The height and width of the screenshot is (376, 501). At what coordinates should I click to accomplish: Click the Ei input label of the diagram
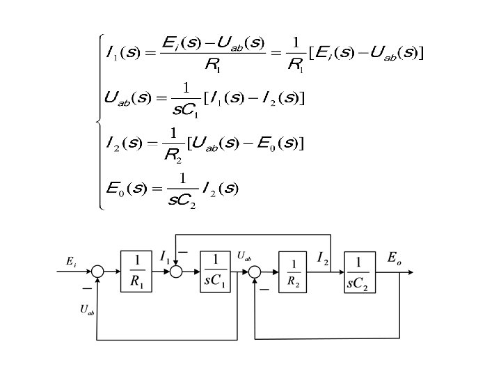coord(71,261)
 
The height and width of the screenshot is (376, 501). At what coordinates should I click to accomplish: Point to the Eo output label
coord(394,258)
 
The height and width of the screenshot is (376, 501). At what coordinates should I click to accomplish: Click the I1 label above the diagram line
coord(165,258)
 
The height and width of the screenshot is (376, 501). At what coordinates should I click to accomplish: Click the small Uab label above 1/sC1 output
coord(244,256)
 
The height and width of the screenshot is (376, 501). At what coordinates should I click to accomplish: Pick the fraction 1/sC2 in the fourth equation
coord(182,190)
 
